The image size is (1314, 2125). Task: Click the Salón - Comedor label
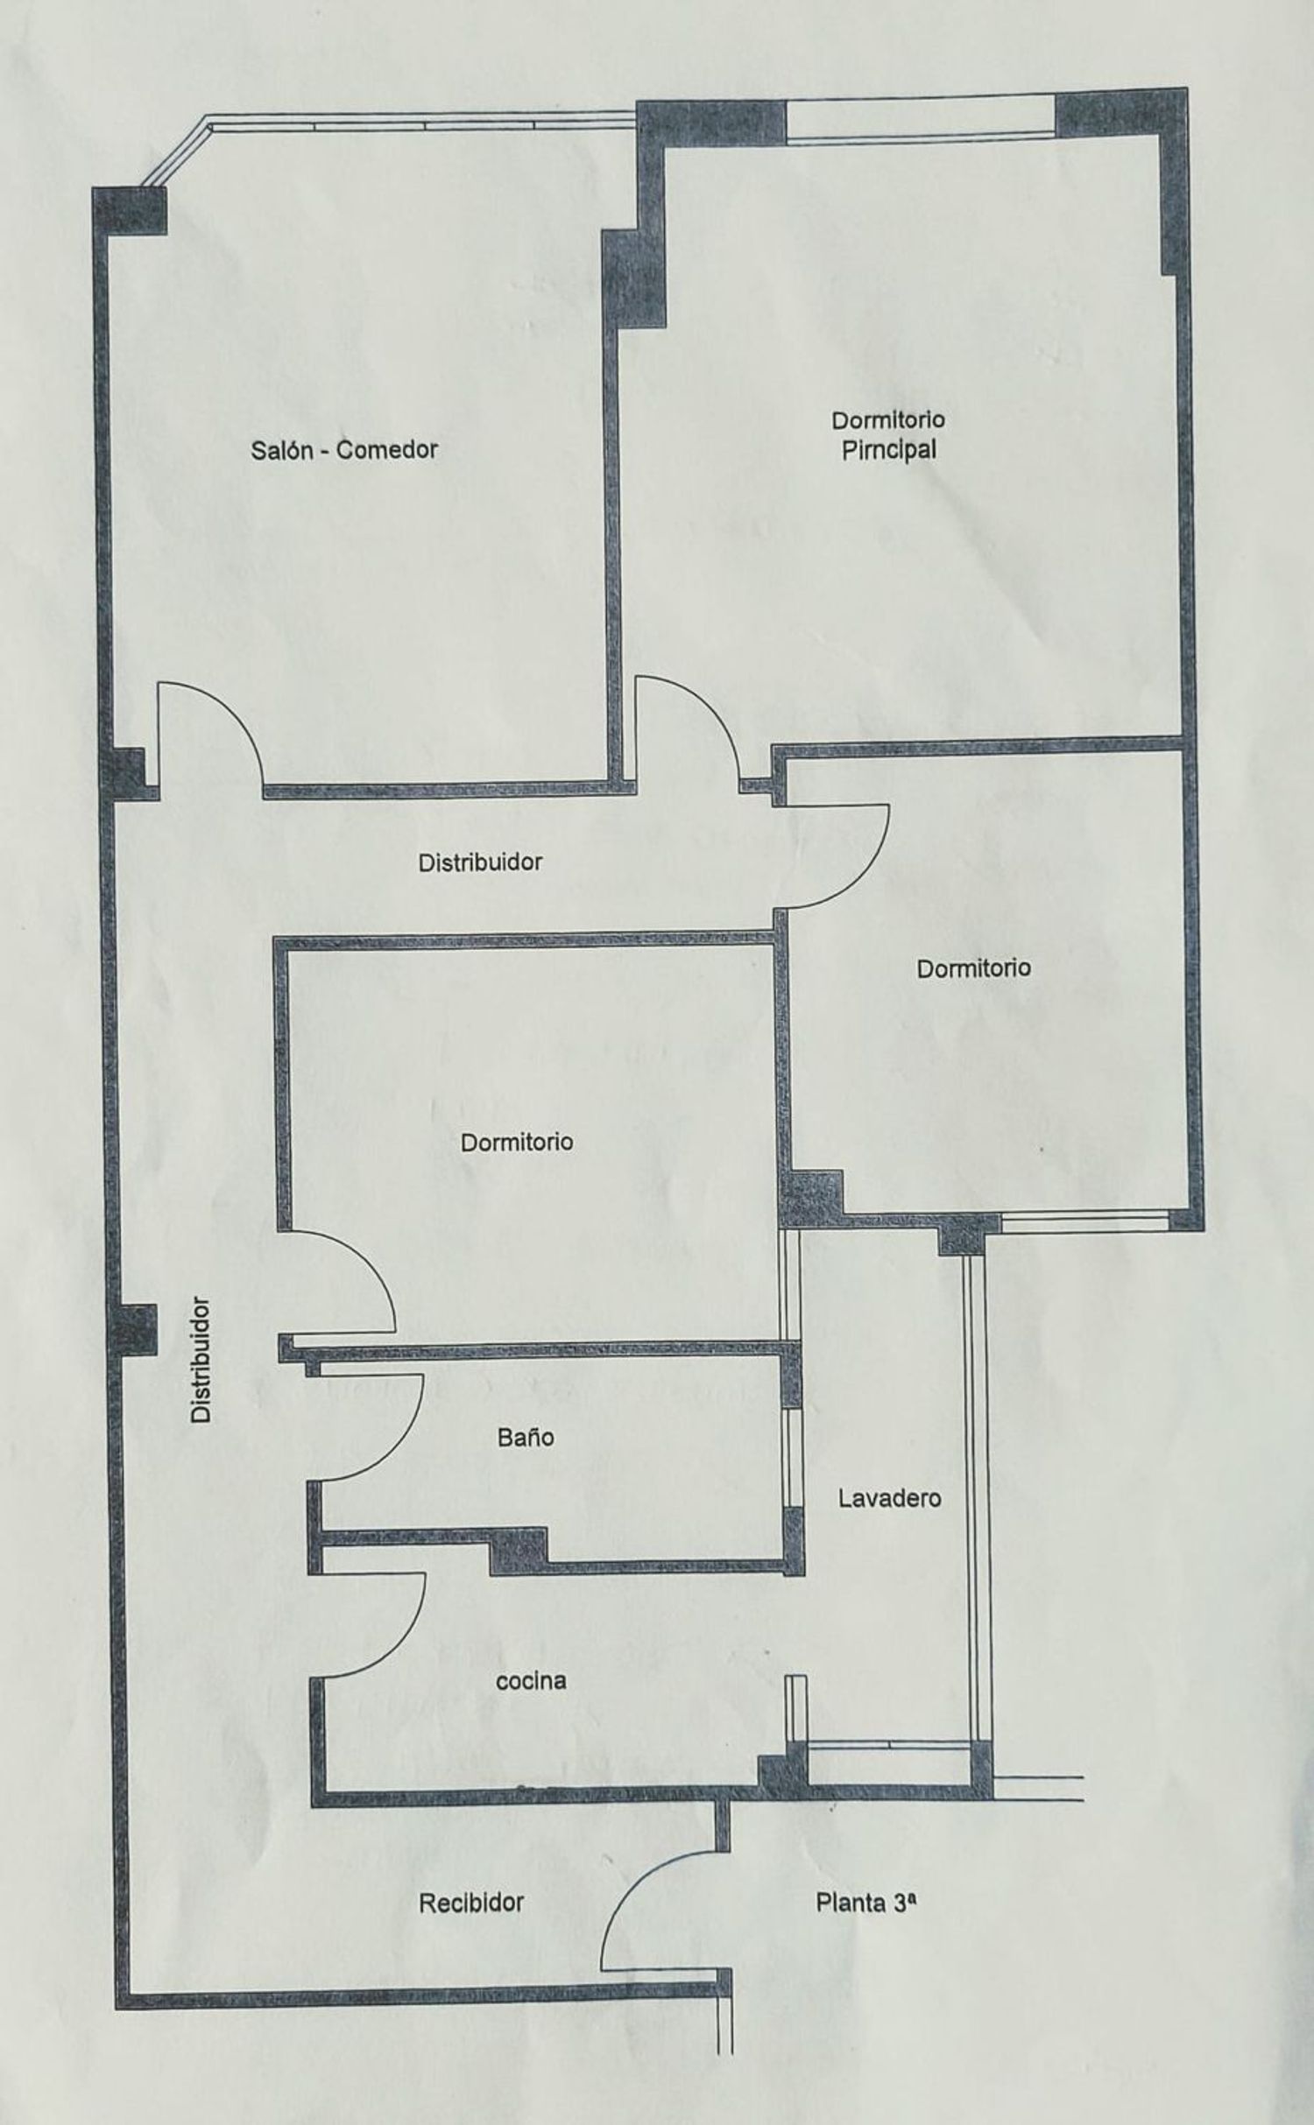coord(344,450)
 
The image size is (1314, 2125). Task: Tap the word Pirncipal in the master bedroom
coord(889,450)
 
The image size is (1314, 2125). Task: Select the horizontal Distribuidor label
coord(480,862)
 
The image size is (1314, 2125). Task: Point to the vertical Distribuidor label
coord(201,1359)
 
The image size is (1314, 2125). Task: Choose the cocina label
coord(531,1680)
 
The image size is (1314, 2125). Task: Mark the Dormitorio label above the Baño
coord(517,1142)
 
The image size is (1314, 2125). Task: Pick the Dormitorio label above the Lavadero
coord(973,968)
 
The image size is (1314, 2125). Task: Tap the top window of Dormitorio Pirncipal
coord(920,119)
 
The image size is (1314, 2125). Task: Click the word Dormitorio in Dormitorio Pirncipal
coord(888,420)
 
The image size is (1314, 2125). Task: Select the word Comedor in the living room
coord(387,450)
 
